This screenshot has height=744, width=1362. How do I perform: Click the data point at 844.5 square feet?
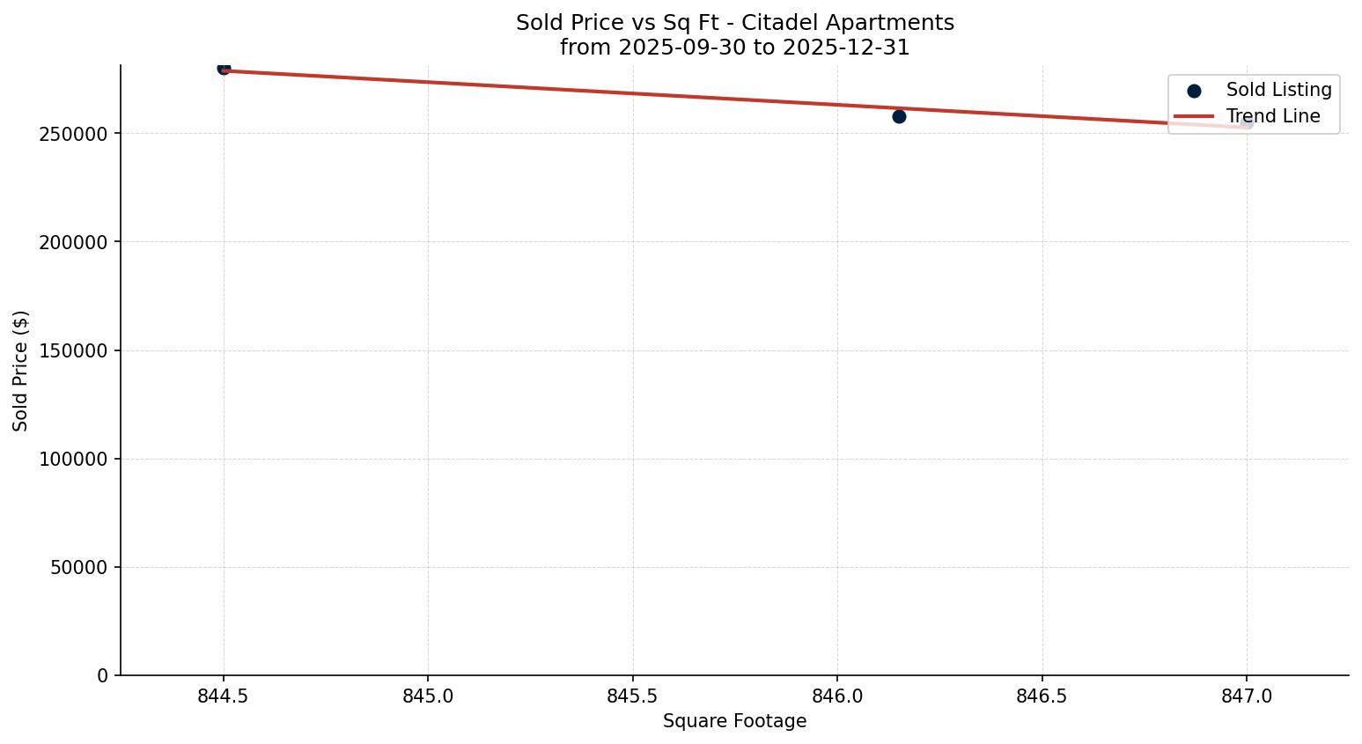224,68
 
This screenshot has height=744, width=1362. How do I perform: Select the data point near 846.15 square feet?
899,116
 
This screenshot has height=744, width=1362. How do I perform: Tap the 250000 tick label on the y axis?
73,134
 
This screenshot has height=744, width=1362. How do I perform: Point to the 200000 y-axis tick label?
73,242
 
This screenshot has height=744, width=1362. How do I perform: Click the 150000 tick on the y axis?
73,350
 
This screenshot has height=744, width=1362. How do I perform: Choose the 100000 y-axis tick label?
73,459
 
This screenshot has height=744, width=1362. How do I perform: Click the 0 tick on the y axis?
101,675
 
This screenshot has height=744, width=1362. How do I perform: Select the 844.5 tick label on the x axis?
224,696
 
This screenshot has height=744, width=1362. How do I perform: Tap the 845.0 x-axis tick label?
428,696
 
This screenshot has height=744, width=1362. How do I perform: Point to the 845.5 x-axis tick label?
633,696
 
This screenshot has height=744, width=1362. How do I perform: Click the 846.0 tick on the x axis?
837,696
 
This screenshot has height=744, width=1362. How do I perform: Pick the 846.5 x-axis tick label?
1042,696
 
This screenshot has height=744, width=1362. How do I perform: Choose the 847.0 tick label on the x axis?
1247,696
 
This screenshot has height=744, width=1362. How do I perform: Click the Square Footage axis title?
734,721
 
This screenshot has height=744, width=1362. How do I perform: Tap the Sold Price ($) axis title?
21,371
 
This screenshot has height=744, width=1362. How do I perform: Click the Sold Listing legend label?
1278,90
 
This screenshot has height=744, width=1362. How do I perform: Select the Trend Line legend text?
1273,116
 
